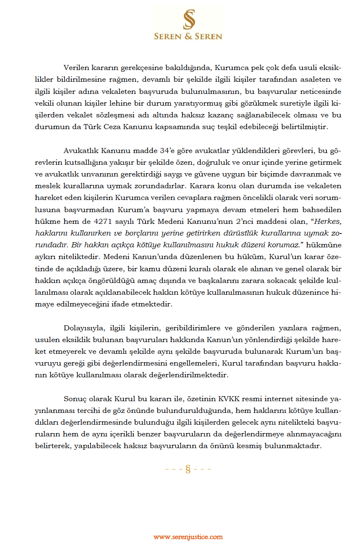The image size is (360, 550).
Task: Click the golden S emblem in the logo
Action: (188, 19)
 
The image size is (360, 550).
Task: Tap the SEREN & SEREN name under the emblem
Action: (188, 36)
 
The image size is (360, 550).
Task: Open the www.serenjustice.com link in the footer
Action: (188, 537)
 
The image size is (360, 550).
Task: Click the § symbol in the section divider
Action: (188, 469)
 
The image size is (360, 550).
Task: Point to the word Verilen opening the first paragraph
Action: (75, 67)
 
